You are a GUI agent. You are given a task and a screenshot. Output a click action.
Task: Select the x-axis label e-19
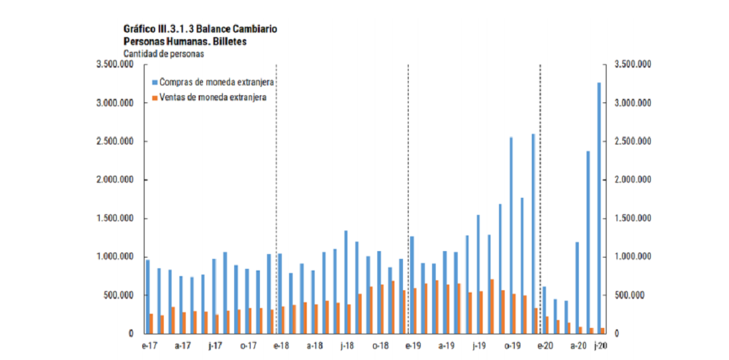[414, 346]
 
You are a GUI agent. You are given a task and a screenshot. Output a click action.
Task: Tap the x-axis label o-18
[380, 346]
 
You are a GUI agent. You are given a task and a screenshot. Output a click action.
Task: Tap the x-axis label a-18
[315, 346]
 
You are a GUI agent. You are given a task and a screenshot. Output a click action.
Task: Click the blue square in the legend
[153, 83]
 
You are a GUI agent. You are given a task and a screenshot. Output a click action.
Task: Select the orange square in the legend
[153, 97]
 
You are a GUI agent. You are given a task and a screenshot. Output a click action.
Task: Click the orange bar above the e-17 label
[152, 324]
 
